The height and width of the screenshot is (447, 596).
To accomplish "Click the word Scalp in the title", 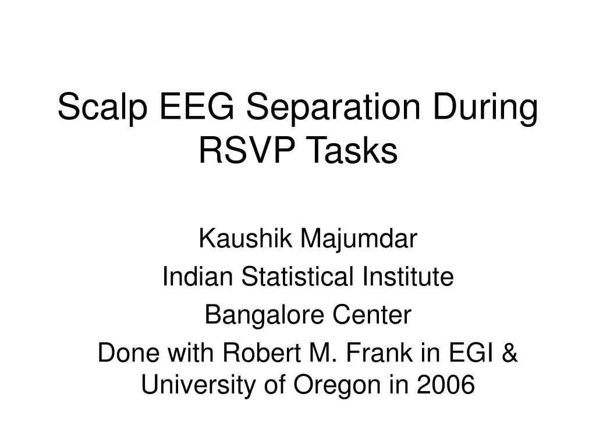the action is [x=102, y=108].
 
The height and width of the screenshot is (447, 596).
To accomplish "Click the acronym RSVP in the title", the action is [x=247, y=150].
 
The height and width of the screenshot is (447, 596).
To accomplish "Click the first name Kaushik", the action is [x=246, y=238].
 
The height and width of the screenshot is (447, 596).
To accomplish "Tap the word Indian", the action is [x=197, y=276].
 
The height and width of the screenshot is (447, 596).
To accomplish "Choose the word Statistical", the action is [x=297, y=276].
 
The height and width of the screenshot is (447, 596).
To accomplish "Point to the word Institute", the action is [x=408, y=276].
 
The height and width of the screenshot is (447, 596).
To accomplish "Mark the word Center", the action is [x=372, y=315].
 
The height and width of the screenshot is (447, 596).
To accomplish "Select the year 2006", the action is [x=446, y=384].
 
